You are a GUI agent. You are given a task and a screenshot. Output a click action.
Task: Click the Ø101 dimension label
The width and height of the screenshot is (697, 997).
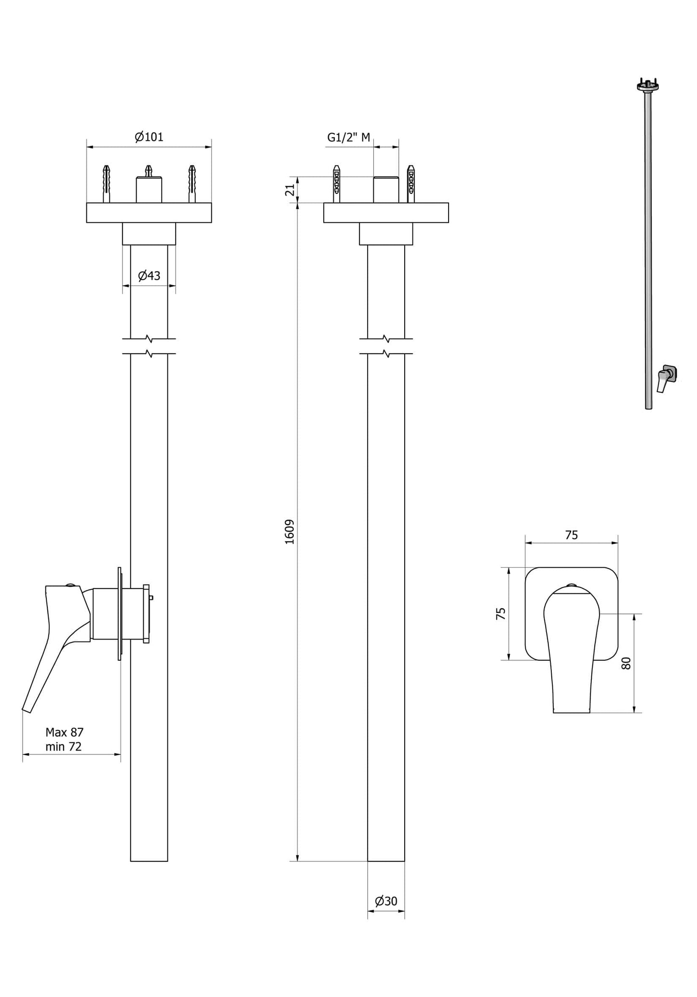pos(149,137)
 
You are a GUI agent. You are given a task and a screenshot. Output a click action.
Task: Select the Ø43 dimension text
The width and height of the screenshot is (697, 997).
pos(149,276)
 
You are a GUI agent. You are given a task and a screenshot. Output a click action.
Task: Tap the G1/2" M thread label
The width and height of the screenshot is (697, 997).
pos(348,137)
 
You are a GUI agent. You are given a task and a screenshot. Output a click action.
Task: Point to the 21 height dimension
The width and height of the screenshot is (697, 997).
pos(290,190)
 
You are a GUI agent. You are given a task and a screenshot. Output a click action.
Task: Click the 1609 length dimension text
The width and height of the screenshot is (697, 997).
pos(289,532)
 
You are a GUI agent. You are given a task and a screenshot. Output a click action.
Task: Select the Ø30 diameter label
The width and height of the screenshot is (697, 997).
pos(386,901)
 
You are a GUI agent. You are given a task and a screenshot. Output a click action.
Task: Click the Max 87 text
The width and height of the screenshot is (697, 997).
pos(64,732)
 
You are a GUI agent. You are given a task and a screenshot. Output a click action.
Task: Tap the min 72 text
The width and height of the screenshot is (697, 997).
pos(63,747)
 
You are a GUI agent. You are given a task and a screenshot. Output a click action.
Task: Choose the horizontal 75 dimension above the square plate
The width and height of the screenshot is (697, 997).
pos(571,535)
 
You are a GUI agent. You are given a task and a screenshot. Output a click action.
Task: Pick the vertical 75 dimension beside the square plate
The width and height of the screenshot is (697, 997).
pos(501,614)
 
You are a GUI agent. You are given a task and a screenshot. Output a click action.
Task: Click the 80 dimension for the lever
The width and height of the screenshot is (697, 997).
pos(626,663)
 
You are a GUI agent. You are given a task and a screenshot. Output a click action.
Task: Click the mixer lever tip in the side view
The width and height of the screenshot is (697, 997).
pos(27,708)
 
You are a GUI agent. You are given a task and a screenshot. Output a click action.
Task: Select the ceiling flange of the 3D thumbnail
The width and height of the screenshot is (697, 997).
pos(648,86)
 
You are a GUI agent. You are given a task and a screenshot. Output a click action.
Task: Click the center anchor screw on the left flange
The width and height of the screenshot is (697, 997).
pos(149,171)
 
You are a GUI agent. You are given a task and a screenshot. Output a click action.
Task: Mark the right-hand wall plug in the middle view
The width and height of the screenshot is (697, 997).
pos(410,183)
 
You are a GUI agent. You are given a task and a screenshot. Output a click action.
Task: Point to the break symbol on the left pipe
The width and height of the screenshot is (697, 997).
pos(149,346)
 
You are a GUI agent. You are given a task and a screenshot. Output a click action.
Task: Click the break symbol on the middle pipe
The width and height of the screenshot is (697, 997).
pos(386,346)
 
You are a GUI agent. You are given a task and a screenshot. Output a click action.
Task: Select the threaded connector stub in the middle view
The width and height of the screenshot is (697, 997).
pos(386,190)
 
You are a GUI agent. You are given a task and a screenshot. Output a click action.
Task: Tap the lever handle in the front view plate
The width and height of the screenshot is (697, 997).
pos(571,646)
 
